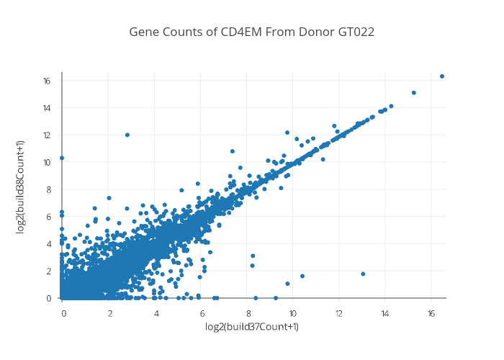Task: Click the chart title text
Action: tap(252, 32)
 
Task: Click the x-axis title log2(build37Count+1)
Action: tap(252, 327)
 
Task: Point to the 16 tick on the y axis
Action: tap(46, 81)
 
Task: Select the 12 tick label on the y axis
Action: tap(46, 135)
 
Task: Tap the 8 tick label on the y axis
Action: tap(48, 189)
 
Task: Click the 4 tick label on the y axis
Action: tap(48, 243)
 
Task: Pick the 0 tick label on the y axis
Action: tap(48, 297)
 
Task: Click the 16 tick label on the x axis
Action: tap(431, 313)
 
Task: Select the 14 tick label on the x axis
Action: tap(384, 313)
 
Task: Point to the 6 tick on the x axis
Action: tap(202, 313)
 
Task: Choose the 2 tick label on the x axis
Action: tap(110, 313)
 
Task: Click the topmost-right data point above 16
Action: tap(442, 76)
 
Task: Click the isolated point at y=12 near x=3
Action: tap(127, 135)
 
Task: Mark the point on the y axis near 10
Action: tap(62, 158)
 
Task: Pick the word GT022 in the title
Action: tap(354, 32)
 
